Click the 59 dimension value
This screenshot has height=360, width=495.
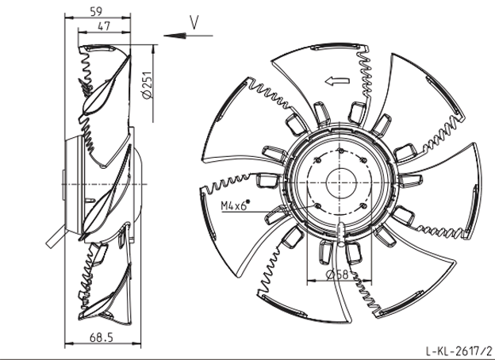(x=96, y=11)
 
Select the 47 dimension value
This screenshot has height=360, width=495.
(x=104, y=26)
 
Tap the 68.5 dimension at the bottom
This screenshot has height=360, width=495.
(x=102, y=338)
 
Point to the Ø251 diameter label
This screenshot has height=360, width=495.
(x=147, y=85)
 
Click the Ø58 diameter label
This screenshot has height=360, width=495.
(x=337, y=274)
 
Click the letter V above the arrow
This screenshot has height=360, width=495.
(x=194, y=22)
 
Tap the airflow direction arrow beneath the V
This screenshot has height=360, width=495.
(x=188, y=36)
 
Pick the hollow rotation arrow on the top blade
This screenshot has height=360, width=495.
(x=337, y=82)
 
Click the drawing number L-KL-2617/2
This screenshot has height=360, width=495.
(x=459, y=350)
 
